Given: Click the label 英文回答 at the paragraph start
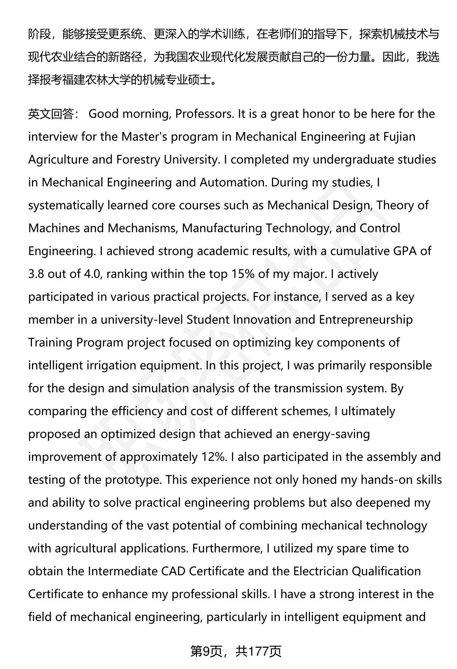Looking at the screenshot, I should [x=51, y=114].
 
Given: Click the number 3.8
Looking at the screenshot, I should [x=36, y=274].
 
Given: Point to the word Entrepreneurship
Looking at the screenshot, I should [x=366, y=320].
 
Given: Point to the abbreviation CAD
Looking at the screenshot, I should [x=173, y=571].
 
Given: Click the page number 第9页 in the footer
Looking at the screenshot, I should [x=205, y=651].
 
